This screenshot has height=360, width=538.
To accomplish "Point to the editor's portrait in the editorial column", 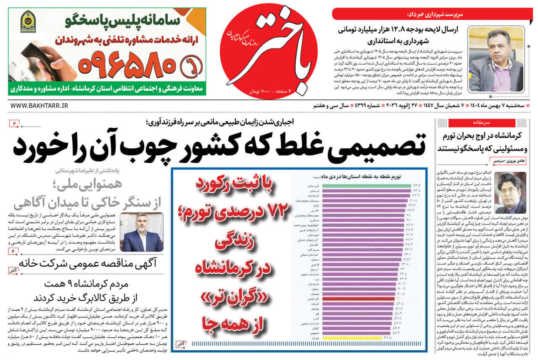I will click(510, 193).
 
